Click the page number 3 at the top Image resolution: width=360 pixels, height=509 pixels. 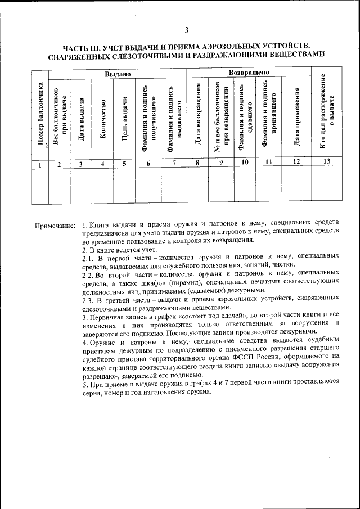186,30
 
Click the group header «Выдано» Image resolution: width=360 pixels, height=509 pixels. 118,74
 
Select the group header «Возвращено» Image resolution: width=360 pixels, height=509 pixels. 249,73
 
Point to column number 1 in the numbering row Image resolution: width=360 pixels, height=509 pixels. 39,164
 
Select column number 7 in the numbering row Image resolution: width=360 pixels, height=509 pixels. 174,164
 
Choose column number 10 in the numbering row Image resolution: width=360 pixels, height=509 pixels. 245,163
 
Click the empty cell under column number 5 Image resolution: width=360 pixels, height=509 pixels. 124,185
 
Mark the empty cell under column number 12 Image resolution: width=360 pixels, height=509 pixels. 296,185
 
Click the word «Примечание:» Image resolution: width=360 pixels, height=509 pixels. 55,226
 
